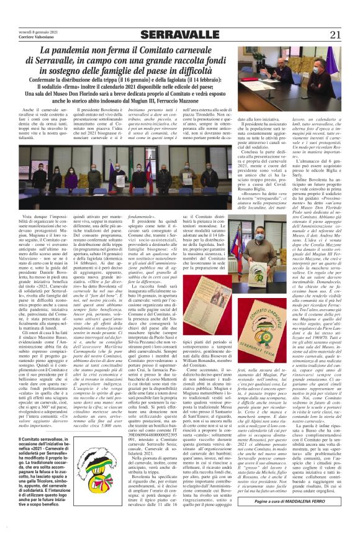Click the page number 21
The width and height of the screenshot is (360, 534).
[345, 17]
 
